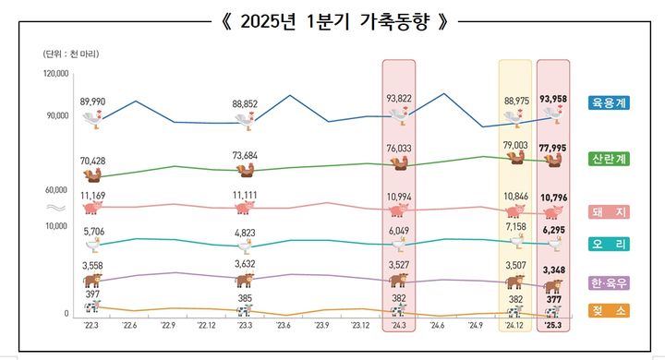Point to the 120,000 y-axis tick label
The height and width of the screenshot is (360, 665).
click(x=56, y=73)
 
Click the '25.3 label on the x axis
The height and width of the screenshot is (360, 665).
click(x=554, y=325)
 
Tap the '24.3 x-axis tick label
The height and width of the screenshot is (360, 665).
click(x=399, y=325)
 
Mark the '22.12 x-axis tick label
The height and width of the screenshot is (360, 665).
click(x=206, y=325)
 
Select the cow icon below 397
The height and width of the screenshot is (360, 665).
click(x=91, y=306)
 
